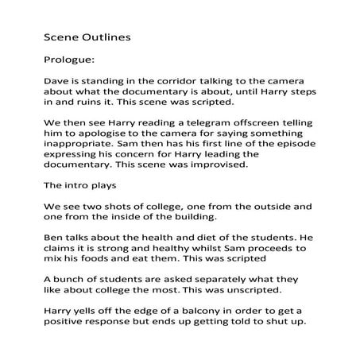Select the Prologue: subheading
67,58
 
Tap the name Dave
56,81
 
